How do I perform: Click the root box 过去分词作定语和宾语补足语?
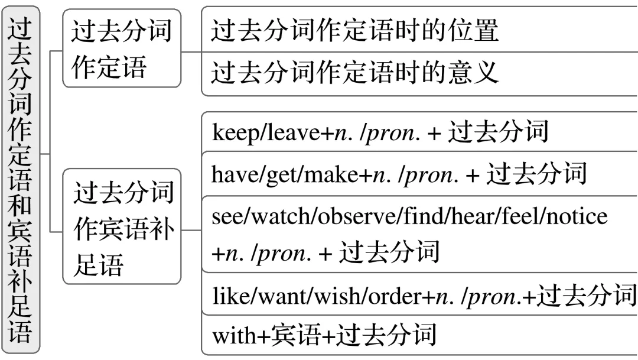tap(22, 180)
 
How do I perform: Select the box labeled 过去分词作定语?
tap(122, 48)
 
